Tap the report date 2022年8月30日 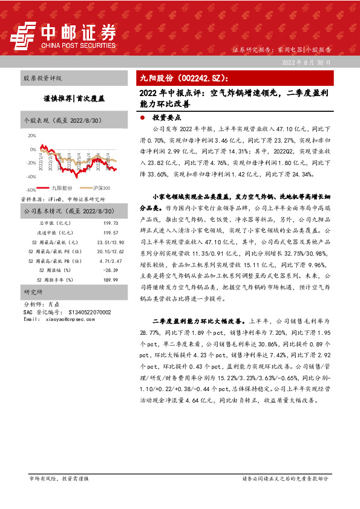coord(307,62)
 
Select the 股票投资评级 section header coord(42,79)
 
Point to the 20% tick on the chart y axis coord(32,136)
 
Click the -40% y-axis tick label coord(31,177)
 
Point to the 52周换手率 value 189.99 coord(110,280)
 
